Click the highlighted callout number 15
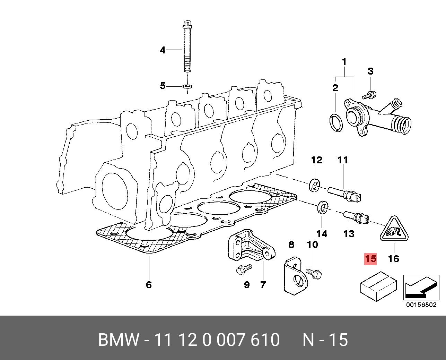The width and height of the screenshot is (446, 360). coord(370,259)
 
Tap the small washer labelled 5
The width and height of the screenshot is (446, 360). coord(187,86)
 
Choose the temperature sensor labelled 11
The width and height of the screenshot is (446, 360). coord(344,194)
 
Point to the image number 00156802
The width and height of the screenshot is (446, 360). coord(421,305)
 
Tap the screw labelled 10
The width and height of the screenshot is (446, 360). coord(314,273)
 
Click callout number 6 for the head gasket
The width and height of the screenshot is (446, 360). coord(149,285)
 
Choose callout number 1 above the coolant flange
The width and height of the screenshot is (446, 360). coord(344,62)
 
